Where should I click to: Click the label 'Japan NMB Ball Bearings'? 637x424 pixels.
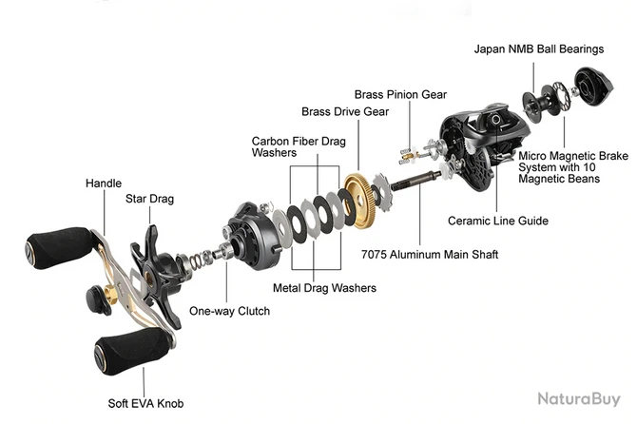pos(538,48)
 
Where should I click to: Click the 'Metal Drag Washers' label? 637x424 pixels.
pos(324,288)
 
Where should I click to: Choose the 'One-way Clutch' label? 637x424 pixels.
pos(229,311)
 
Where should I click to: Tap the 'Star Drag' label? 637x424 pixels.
pos(149,200)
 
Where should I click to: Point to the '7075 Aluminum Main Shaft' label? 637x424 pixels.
pos(430,255)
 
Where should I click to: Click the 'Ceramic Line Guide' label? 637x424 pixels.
pos(498,221)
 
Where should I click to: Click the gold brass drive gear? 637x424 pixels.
pos(360,201)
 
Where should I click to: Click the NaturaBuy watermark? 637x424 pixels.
pos(578,400)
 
